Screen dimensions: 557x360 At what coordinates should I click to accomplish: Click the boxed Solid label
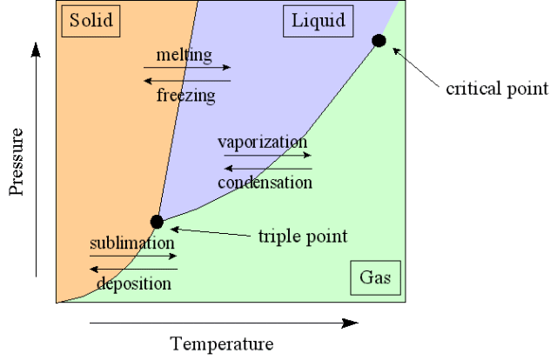(91, 21)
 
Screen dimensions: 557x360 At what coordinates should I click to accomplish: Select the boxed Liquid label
(319, 21)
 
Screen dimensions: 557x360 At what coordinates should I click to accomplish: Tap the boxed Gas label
(375, 277)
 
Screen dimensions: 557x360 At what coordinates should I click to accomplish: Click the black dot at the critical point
(379, 41)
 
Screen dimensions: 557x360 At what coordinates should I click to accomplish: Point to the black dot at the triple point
(157, 222)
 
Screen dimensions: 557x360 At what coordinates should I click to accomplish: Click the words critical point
(497, 89)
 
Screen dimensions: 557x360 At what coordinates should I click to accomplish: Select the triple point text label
(303, 237)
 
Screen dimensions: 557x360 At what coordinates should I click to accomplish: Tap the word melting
(184, 56)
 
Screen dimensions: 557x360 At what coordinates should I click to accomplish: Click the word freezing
(185, 96)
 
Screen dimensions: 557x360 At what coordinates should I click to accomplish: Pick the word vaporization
(263, 143)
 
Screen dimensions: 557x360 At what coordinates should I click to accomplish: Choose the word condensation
(265, 183)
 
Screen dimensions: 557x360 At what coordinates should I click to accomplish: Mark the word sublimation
(132, 243)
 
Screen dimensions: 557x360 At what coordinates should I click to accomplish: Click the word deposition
(134, 283)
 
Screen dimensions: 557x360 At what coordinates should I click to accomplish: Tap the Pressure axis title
(16, 162)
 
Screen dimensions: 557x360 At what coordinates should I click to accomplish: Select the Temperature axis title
(222, 344)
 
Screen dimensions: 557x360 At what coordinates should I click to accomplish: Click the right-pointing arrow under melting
(187, 67)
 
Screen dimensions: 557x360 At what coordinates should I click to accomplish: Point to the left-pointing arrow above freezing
(187, 81)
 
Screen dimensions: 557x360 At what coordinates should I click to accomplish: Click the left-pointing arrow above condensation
(268, 169)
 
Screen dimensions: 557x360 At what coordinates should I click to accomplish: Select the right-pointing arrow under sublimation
(133, 256)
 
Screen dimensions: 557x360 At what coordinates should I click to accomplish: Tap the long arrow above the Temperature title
(224, 323)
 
